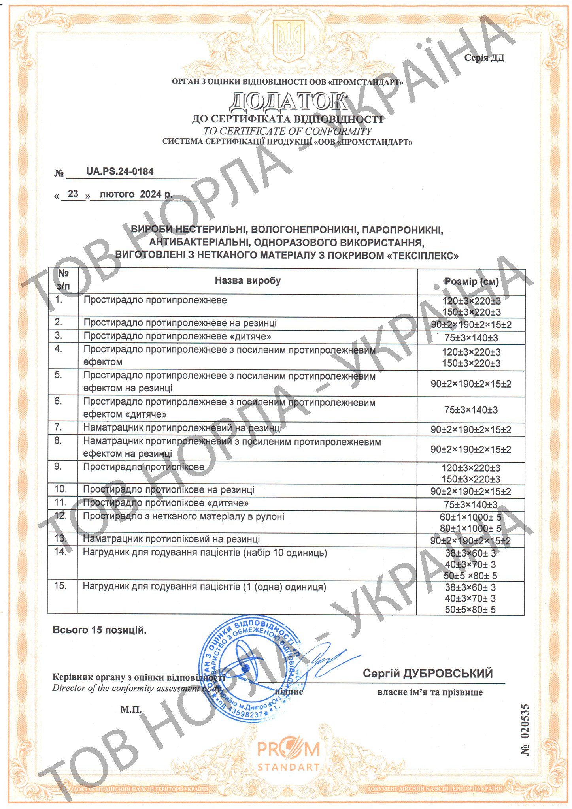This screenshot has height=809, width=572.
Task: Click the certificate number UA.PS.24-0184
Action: [x=120, y=171]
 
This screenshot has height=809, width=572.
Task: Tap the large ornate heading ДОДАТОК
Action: [x=288, y=101]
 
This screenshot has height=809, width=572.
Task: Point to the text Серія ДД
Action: [x=484, y=58]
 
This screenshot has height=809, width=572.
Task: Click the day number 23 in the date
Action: [x=73, y=194]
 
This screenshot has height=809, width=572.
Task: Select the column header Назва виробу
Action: [x=247, y=281]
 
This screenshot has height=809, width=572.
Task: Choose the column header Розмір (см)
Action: [x=471, y=282]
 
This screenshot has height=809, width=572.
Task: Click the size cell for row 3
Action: [x=471, y=338]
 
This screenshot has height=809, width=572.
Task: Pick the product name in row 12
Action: [x=183, y=517]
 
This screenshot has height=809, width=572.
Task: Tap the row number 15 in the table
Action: [x=60, y=586]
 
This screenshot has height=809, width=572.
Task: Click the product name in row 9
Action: [x=143, y=467]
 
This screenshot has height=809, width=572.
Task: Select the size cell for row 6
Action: [x=471, y=410]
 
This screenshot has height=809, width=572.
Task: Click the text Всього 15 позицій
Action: [x=99, y=630]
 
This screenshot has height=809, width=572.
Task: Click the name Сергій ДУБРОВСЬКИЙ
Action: [x=428, y=673]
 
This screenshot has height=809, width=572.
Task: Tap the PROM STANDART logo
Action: [x=288, y=756]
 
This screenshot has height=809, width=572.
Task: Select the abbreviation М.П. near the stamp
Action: [x=131, y=710]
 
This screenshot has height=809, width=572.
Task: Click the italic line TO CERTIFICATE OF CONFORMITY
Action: [x=287, y=131]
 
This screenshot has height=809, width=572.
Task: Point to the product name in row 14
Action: [x=205, y=553]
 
